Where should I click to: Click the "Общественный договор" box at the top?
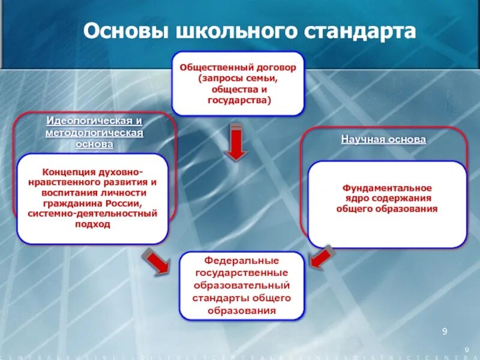(x=238, y=83)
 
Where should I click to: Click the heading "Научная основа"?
(x=383, y=139)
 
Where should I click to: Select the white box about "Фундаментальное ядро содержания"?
(x=387, y=204)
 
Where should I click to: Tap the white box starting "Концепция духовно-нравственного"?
(x=92, y=199)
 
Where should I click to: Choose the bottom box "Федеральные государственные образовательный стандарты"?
(x=242, y=286)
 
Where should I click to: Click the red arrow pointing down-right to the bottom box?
(x=155, y=262)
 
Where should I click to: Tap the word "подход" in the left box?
(x=92, y=224)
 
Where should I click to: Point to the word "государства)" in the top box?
(x=239, y=100)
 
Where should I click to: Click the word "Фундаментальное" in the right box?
(x=387, y=188)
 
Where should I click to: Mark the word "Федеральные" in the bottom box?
(x=242, y=262)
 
